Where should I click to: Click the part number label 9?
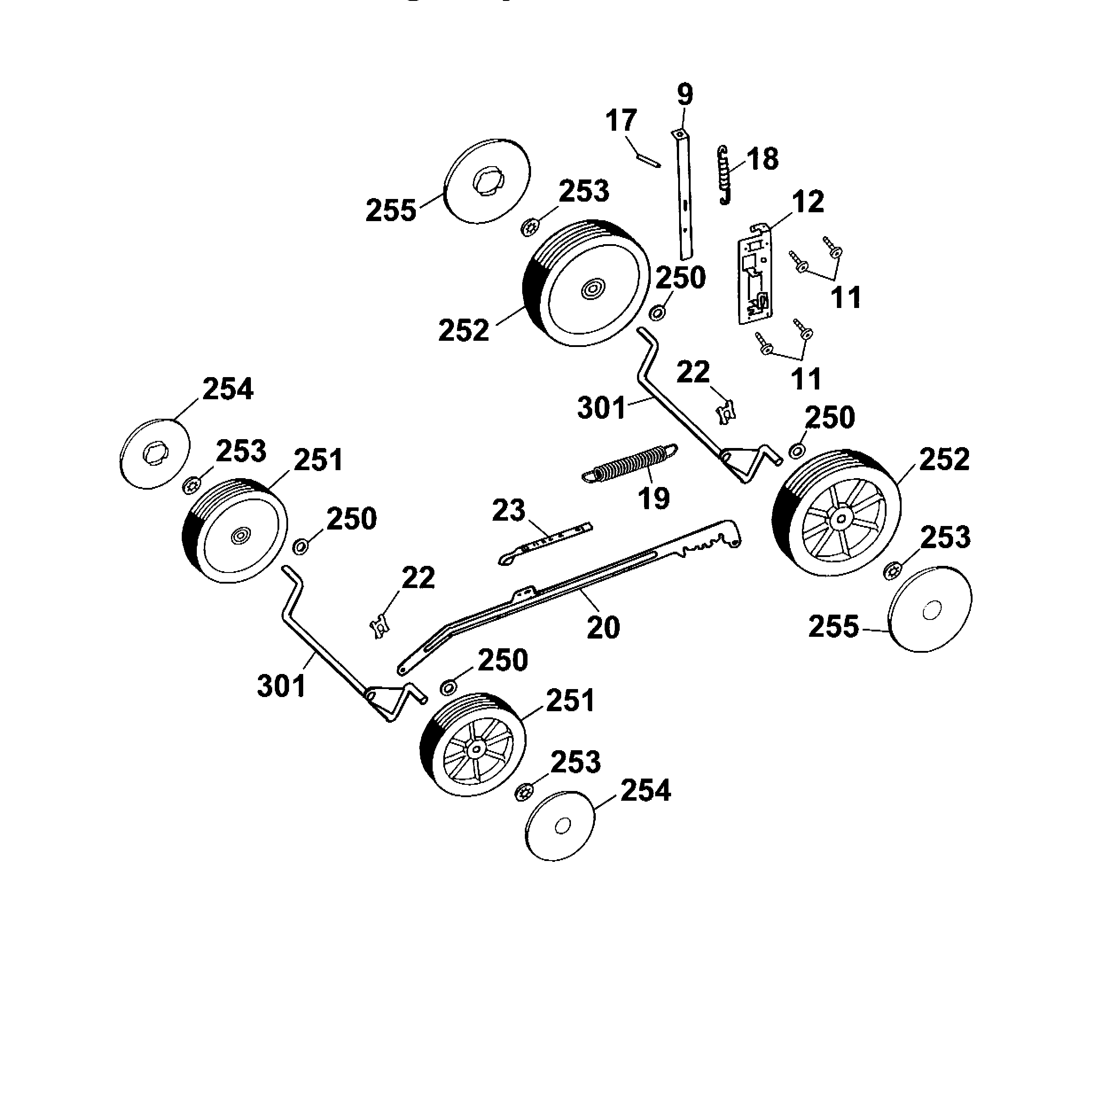[684, 94]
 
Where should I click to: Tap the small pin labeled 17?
[648, 159]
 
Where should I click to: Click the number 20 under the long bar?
[603, 627]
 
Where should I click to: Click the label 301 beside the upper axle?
[602, 408]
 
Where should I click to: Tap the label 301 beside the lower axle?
[281, 686]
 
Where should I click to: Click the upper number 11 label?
[845, 297]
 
